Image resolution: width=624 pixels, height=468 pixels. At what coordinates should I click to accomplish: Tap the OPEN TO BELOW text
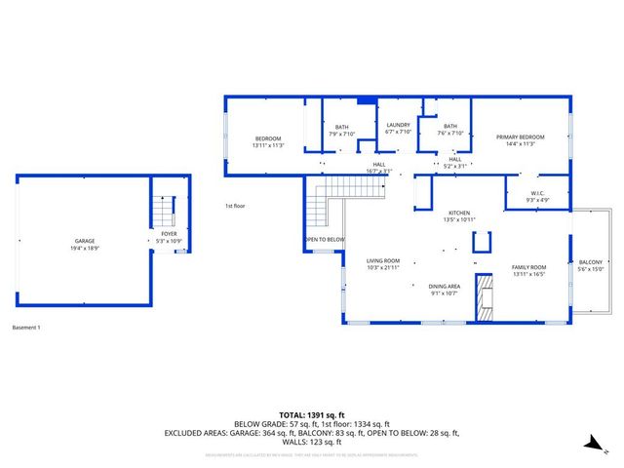tap(324, 239)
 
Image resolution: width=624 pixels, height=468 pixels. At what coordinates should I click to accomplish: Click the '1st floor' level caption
tap(236, 206)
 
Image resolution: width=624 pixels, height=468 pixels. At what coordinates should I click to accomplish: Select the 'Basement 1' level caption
tap(26, 327)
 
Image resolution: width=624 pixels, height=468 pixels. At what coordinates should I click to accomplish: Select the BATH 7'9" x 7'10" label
tap(341, 131)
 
